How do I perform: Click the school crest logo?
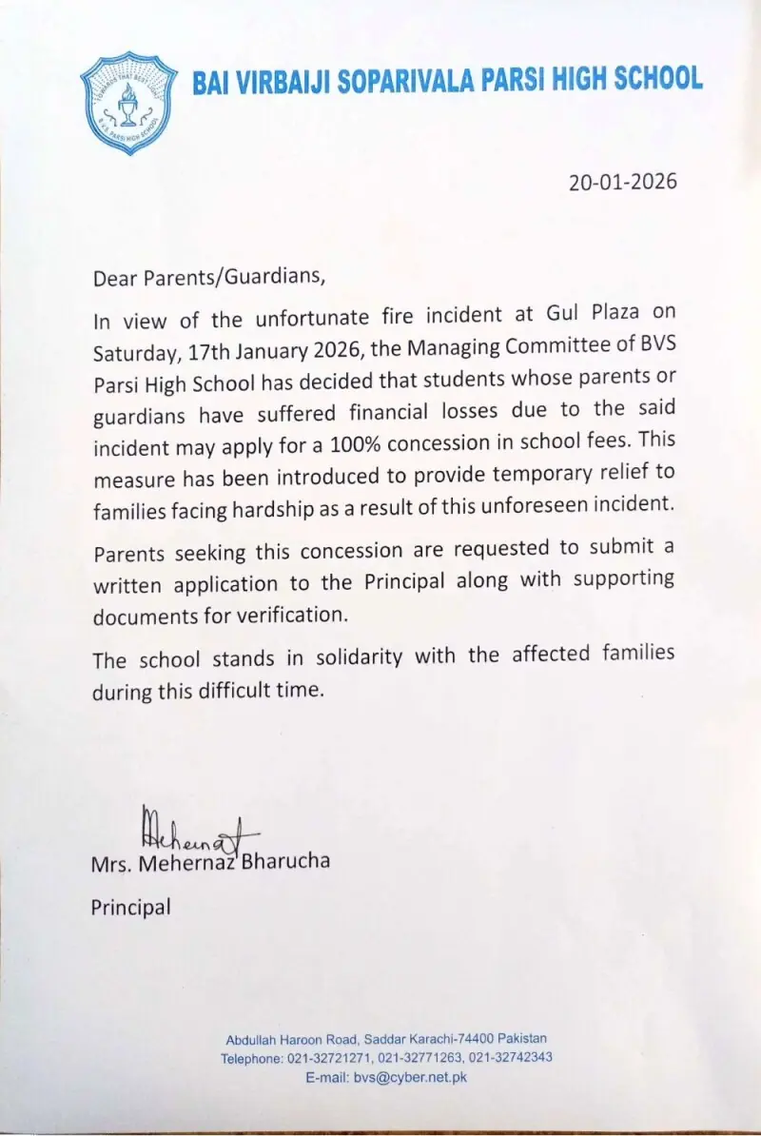coord(128,103)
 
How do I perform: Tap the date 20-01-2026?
coord(623,182)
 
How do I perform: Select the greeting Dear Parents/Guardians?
coord(208,279)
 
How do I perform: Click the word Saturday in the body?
coord(134,352)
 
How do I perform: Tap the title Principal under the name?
coord(131,908)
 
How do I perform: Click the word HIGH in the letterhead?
coord(587,79)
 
